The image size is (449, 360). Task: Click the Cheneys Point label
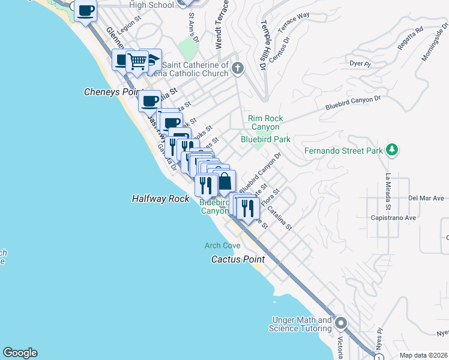point(110,92)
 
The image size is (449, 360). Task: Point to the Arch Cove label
point(222,245)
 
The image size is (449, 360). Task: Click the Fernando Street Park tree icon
point(392,149)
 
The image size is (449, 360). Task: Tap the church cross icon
point(238,68)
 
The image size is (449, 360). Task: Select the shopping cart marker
point(137,61)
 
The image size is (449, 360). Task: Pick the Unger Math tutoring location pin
point(342,324)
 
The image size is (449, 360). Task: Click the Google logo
point(20,353)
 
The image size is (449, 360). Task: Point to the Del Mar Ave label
point(426,197)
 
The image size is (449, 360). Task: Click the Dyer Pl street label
point(358,62)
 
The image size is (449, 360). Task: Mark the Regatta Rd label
point(411,37)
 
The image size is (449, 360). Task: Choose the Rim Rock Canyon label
point(265,123)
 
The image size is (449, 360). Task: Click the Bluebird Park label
point(265,139)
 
